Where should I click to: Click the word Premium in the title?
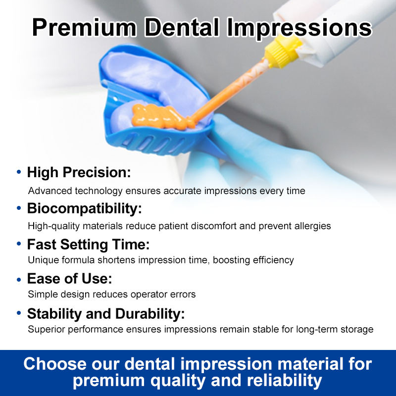(x=84, y=28)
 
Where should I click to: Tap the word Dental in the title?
(x=182, y=27)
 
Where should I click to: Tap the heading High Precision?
(x=79, y=173)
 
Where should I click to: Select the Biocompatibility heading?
(x=84, y=209)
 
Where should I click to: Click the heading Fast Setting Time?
(x=89, y=245)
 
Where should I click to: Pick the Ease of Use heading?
(x=69, y=279)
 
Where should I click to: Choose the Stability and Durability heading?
(x=106, y=314)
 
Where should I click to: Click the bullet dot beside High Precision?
(x=19, y=172)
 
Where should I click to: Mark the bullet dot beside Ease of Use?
(x=19, y=279)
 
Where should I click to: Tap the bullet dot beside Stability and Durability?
(x=19, y=313)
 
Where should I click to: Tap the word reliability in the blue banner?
(x=284, y=380)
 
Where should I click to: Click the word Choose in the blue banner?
(x=55, y=364)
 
